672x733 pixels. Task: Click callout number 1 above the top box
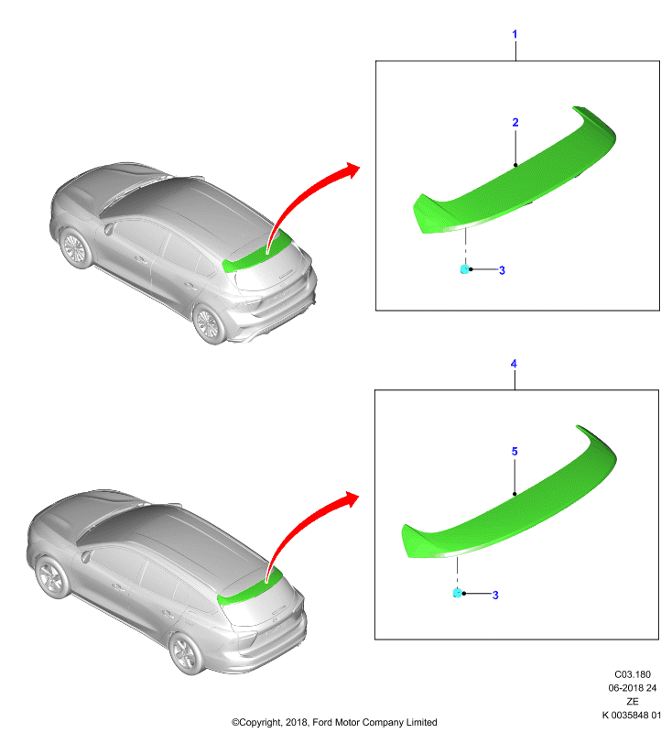pos(515,34)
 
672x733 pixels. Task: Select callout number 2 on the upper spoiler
pos(515,122)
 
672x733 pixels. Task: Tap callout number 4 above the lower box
pos(514,363)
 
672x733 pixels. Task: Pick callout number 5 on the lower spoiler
pos(515,451)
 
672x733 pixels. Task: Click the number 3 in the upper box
pos(502,270)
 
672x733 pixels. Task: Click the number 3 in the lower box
pos(495,595)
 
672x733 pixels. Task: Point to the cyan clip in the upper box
pos(464,268)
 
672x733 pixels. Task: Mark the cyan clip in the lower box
pos(458,593)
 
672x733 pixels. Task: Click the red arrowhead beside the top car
pos(352,170)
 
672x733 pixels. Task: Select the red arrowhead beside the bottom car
pos(351,499)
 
